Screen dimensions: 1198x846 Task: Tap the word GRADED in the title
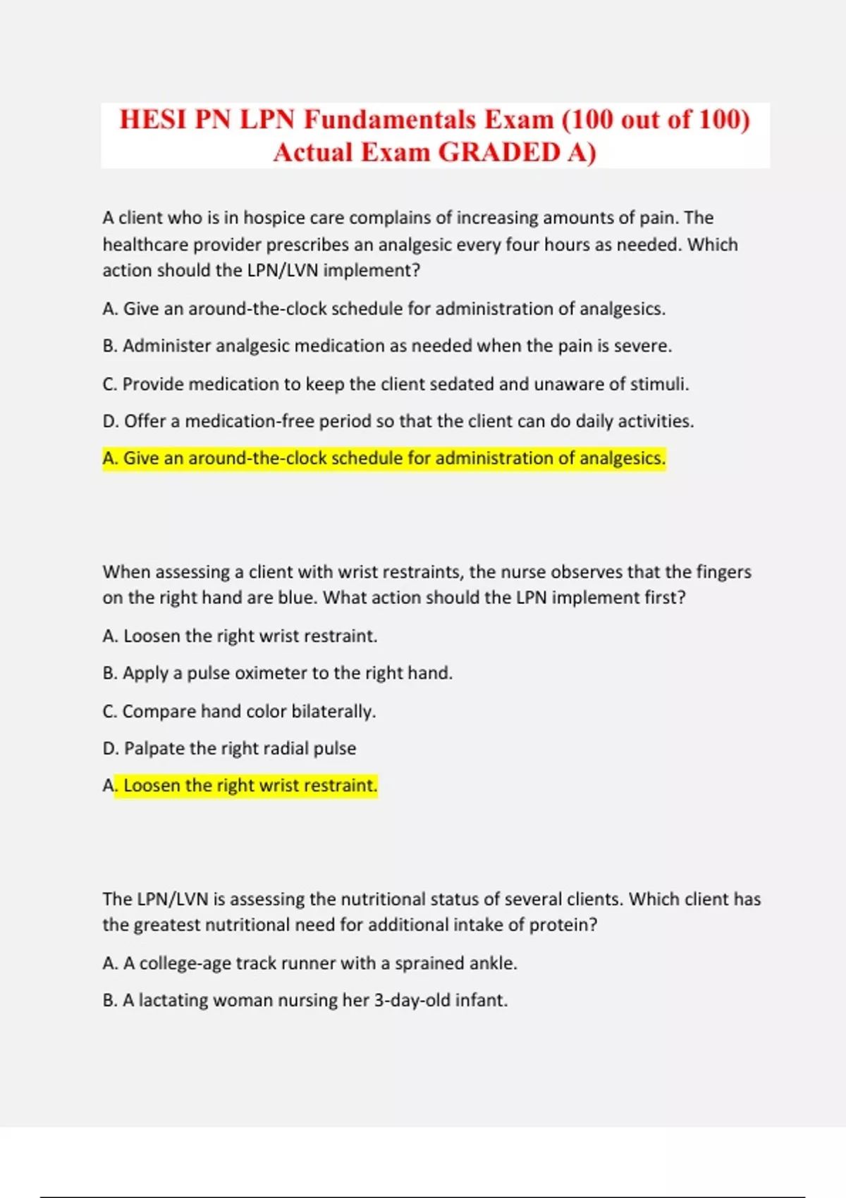(x=499, y=152)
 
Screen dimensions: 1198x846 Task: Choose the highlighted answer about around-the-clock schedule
(x=384, y=459)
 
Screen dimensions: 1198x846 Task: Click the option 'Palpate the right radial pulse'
(x=230, y=748)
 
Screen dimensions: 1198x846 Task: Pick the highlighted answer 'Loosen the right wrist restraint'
(x=247, y=786)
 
